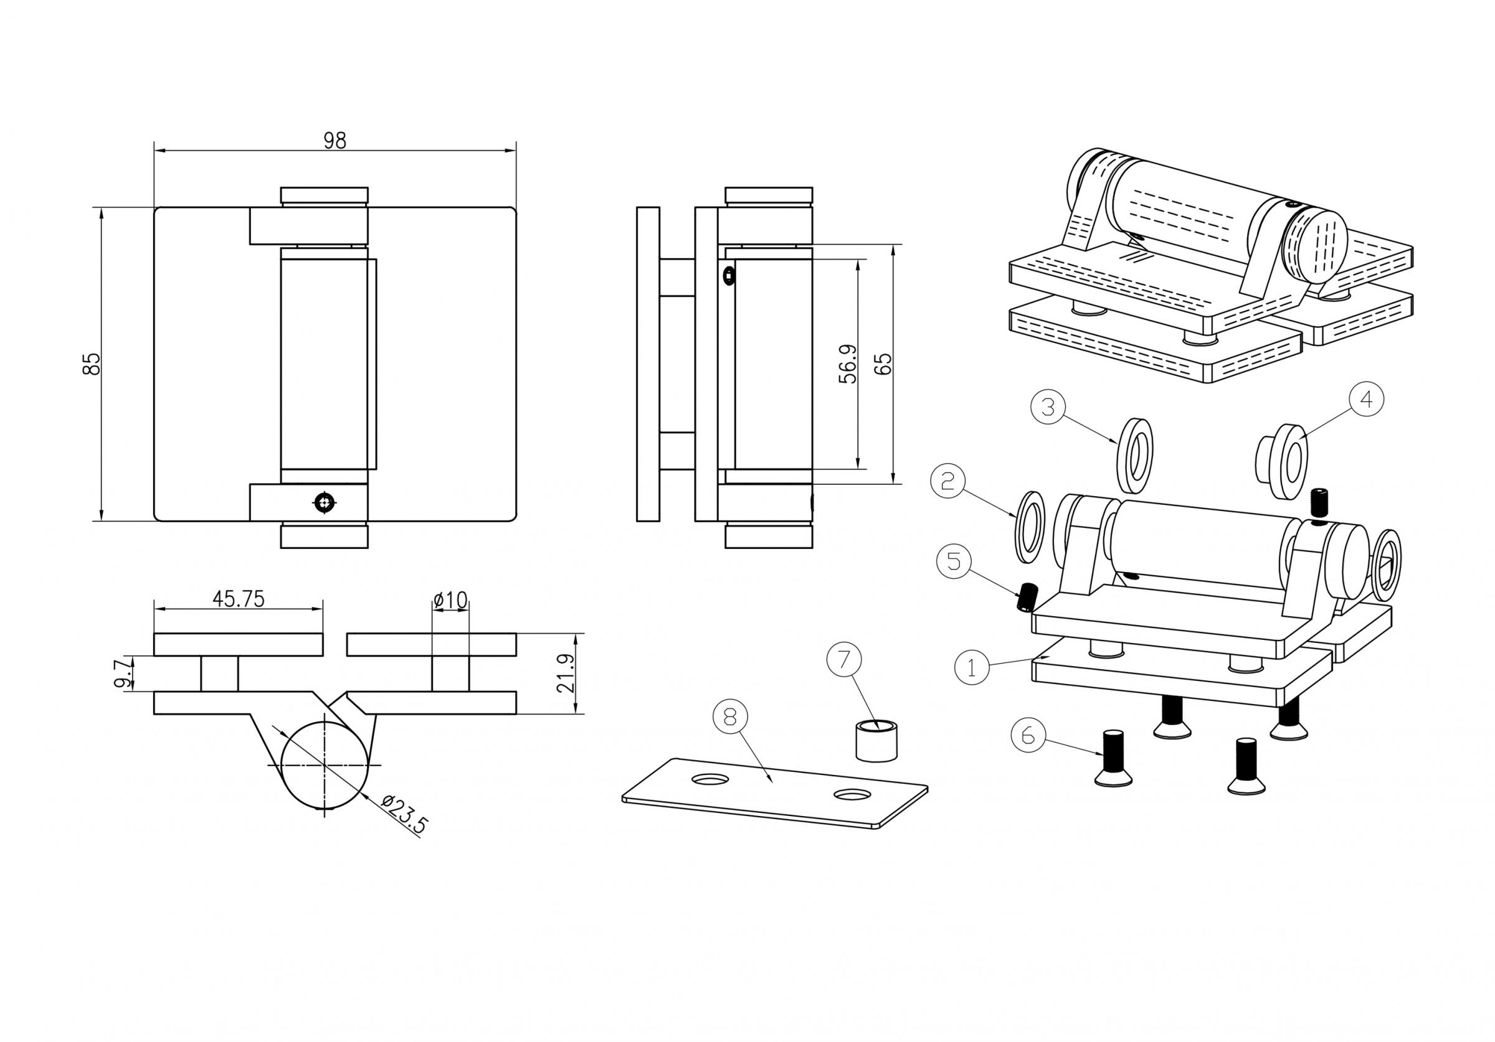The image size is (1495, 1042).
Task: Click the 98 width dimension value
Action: pos(335,141)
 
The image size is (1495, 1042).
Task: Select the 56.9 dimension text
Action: pos(848,363)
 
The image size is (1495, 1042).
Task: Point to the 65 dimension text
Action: pos(882,363)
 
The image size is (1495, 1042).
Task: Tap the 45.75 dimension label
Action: pos(239,599)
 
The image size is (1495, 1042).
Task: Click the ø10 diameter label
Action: pos(450,599)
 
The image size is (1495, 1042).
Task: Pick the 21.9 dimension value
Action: pos(566,674)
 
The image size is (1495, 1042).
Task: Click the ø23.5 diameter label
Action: pos(404,814)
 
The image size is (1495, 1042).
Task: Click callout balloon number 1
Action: pos(972,667)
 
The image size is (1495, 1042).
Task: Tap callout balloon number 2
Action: pos(948,481)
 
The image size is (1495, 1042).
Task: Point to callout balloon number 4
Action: pos(1366,399)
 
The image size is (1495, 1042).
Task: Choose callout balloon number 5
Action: pos(954,561)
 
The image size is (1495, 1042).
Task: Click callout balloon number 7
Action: pos(844,659)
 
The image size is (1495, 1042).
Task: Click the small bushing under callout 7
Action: pos(876,741)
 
